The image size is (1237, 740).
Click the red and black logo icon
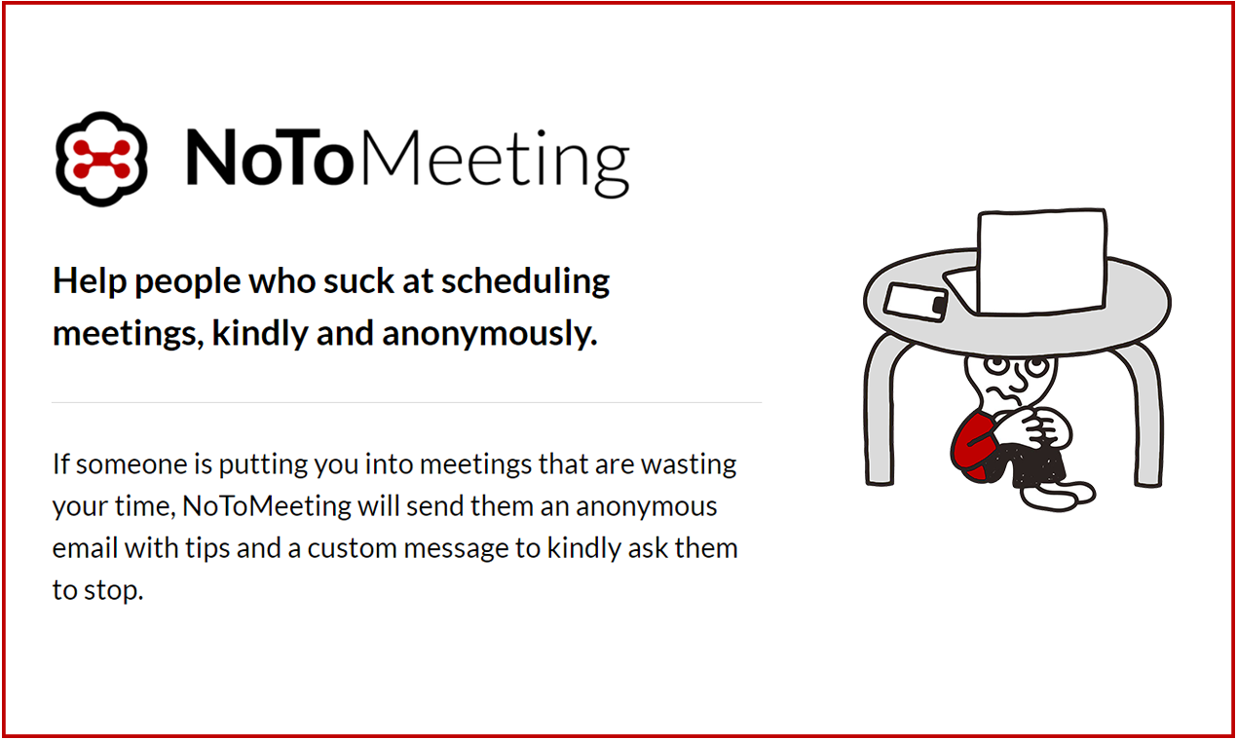point(101,159)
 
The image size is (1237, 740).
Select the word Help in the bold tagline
point(89,281)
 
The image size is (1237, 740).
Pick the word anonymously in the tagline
point(488,335)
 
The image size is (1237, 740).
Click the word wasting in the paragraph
point(690,464)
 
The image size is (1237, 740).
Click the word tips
point(207,549)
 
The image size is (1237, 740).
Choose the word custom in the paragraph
point(351,547)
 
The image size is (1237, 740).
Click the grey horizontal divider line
point(406,402)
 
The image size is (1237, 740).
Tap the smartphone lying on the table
point(917,302)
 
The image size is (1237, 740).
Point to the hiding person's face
point(1002,382)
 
